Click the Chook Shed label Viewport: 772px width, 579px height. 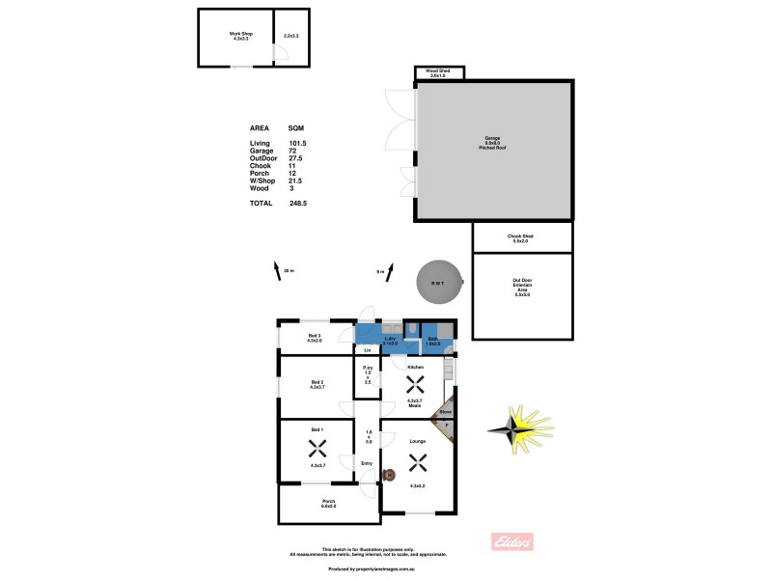coord(521,237)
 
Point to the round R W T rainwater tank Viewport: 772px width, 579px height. coord(438,283)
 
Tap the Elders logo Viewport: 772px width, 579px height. coord(513,541)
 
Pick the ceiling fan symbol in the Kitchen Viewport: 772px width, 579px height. coord(415,383)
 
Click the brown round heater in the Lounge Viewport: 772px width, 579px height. coord(389,474)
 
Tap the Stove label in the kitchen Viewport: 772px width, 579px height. coord(445,412)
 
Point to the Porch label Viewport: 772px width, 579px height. coord(328,503)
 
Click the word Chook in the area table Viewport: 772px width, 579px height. coord(260,166)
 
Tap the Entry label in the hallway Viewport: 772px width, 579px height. coord(367,464)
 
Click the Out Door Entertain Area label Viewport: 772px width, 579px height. coord(521,288)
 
